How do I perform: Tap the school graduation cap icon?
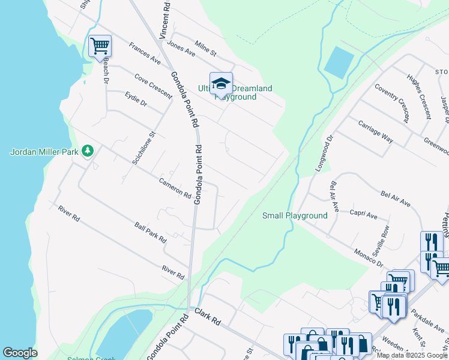[x=221, y=83]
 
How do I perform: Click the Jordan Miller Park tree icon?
[x=88, y=151]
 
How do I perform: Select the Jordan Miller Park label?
[x=44, y=152]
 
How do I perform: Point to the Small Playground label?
[x=295, y=215]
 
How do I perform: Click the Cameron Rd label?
[x=175, y=188]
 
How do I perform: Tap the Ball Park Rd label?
[x=150, y=232]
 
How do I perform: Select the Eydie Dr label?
[x=136, y=100]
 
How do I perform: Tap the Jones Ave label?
[x=182, y=48]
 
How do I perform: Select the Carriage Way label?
[x=375, y=131]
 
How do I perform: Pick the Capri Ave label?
[x=364, y=215]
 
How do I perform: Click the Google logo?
[x=20, y=353]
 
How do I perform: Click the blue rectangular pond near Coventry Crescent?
[x=339, y=62]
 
